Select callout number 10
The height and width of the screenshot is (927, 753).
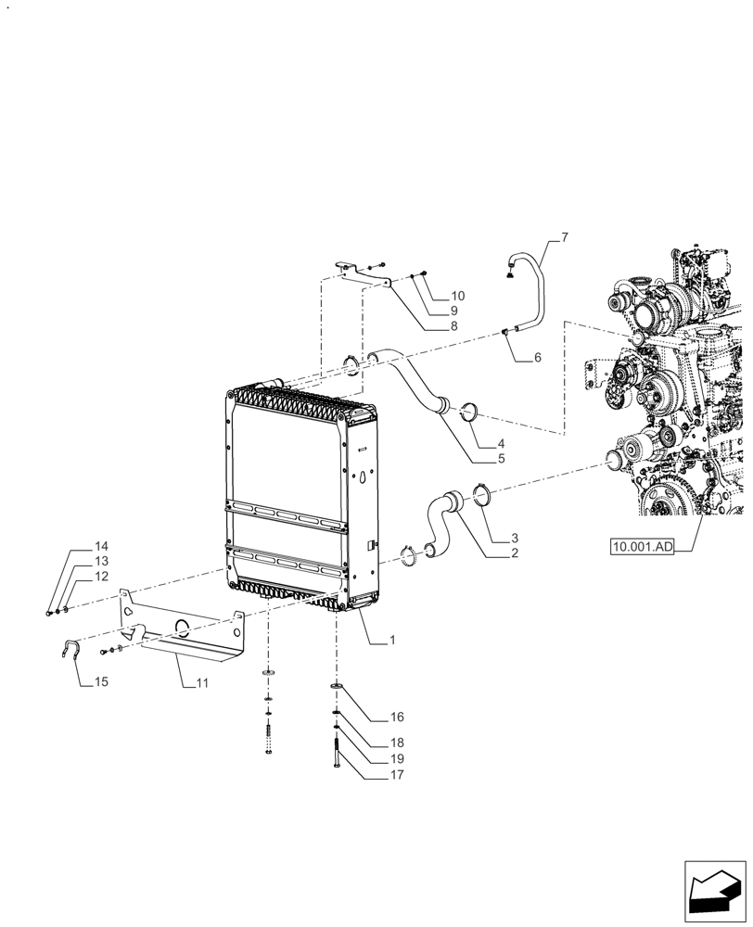pyautogui.click(x=457, y=296)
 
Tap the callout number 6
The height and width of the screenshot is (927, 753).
pyautogui.click(x=538, y=357)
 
